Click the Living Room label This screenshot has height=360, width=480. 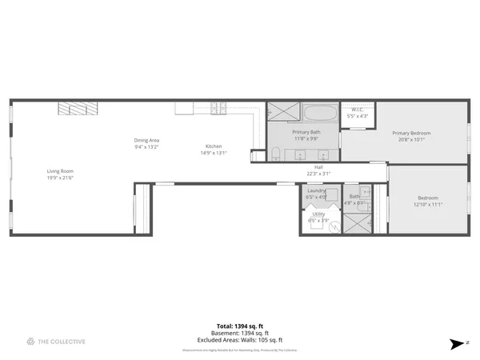point(60,170)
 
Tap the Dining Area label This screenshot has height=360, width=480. point(146,141)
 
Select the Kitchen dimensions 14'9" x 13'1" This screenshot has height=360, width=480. point(214,153)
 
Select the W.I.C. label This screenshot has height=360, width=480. point(357,112)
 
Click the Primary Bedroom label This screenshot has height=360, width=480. point(411,133)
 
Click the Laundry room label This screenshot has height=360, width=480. point(316,190)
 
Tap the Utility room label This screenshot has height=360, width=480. point(318,214)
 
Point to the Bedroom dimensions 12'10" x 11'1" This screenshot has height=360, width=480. point(429,204)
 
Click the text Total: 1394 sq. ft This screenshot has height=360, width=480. point(240,326)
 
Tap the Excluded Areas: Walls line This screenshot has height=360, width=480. point(240,339)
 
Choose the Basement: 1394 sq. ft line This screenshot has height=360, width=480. point(240,333)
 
